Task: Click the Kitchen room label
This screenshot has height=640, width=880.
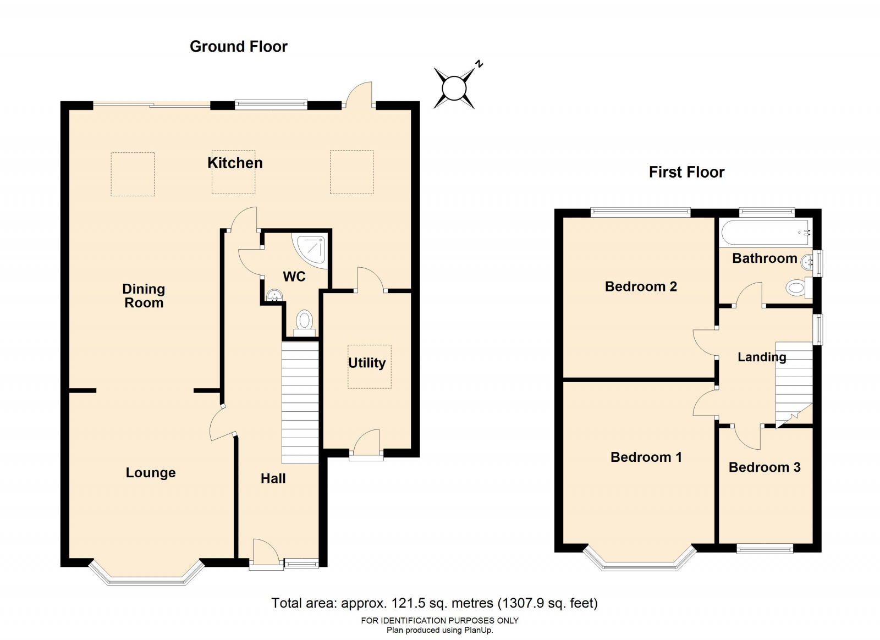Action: tap(235, 163)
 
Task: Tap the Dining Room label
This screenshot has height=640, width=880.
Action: tap(144, 296)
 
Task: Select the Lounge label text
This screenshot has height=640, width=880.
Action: tap(151, 473)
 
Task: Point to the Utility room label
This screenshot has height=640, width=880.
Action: tap(367, 363)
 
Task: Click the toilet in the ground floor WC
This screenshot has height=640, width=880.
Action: tap(305, 323)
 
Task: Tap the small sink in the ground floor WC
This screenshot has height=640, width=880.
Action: tap(274, 295)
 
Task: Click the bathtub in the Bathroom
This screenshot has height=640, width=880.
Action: tap(766, 233)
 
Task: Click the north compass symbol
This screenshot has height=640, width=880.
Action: tap(456, 87)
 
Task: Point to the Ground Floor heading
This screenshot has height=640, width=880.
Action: tap(239, 47)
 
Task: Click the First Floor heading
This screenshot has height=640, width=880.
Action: tap(686, 172)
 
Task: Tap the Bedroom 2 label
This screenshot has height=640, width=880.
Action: tap(641, 286)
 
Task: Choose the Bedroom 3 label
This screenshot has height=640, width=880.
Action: tap(765, 467)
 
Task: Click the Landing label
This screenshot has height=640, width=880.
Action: tap(762, 357)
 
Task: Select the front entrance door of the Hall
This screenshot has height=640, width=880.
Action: tap(266, 554)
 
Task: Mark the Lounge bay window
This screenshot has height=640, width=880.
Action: tap(146, 574)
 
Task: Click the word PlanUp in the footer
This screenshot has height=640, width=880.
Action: tap(478, 630)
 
